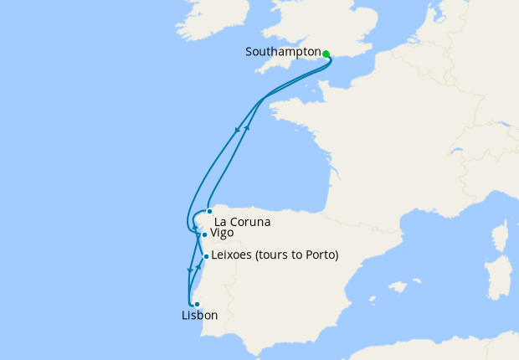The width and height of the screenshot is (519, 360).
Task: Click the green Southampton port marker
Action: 326,54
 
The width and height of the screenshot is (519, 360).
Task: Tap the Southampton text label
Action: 283,52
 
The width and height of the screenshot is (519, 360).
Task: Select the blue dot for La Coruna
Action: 209,211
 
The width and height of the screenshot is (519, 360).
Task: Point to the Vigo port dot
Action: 203,235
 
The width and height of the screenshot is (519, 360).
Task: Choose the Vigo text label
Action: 222,233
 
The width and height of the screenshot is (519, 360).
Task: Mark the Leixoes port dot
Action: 206,256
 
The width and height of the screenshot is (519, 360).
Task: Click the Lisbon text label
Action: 199,316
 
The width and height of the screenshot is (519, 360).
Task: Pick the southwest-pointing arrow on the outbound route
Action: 240,130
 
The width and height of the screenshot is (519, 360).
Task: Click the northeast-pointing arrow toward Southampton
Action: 247,126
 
